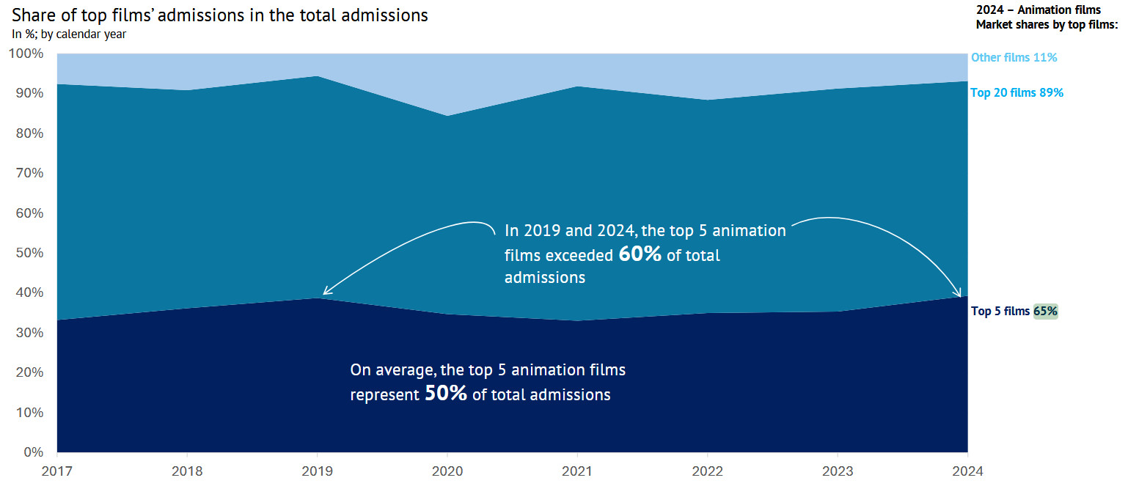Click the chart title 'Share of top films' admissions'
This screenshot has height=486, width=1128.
[x=220, y=15]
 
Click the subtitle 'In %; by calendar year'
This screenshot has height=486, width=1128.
[x=70, y=34]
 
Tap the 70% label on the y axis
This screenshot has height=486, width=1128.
[x=28, y=173]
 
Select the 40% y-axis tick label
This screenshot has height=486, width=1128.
[x=28, y=292]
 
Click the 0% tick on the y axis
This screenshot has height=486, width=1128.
[x=32, y=452]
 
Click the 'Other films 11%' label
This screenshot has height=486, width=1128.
[x=1014, y=57]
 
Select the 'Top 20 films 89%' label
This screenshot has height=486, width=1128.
[x=1017, y=93]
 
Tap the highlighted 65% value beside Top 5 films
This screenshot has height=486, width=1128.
[x=1045, y=311]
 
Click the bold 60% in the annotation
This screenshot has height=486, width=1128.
[x=640, y=254]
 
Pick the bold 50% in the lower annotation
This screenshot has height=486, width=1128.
[x=446, y=394]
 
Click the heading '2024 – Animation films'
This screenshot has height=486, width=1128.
[x=1038, y=10]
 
